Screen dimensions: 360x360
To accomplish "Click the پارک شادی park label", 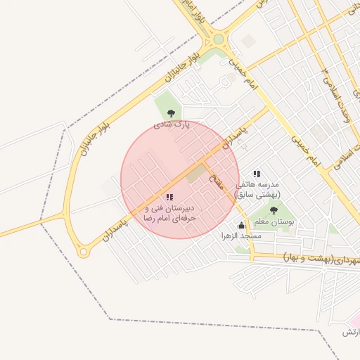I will [x=172, y=124].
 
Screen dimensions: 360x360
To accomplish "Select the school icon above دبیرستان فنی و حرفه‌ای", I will [x=169, y=198].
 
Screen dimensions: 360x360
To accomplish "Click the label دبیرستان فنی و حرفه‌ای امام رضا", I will [x=169, y=214].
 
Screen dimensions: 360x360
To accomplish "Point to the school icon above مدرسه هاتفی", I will [x=257, y=173].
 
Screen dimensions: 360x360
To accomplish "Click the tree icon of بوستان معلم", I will [x=274, y=210].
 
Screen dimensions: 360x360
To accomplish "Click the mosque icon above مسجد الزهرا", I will [x=242, y=225].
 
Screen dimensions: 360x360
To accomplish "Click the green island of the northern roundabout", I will [x=219, y=39].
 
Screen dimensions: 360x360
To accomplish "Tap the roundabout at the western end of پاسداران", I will [x=83, y=250].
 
